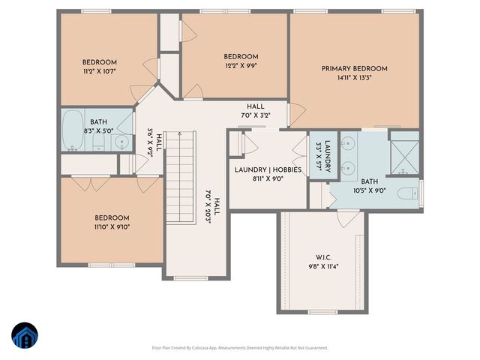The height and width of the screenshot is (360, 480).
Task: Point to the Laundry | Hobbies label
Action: (x=268, y=169)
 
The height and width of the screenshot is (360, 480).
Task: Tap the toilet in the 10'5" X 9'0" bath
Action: (x=408, y=193)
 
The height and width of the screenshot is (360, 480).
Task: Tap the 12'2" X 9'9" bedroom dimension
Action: (x=241, y=65)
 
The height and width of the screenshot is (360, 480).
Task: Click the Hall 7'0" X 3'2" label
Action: (x=255, y=111)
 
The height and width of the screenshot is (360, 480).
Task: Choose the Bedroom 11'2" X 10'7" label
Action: (x=99, y=67)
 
